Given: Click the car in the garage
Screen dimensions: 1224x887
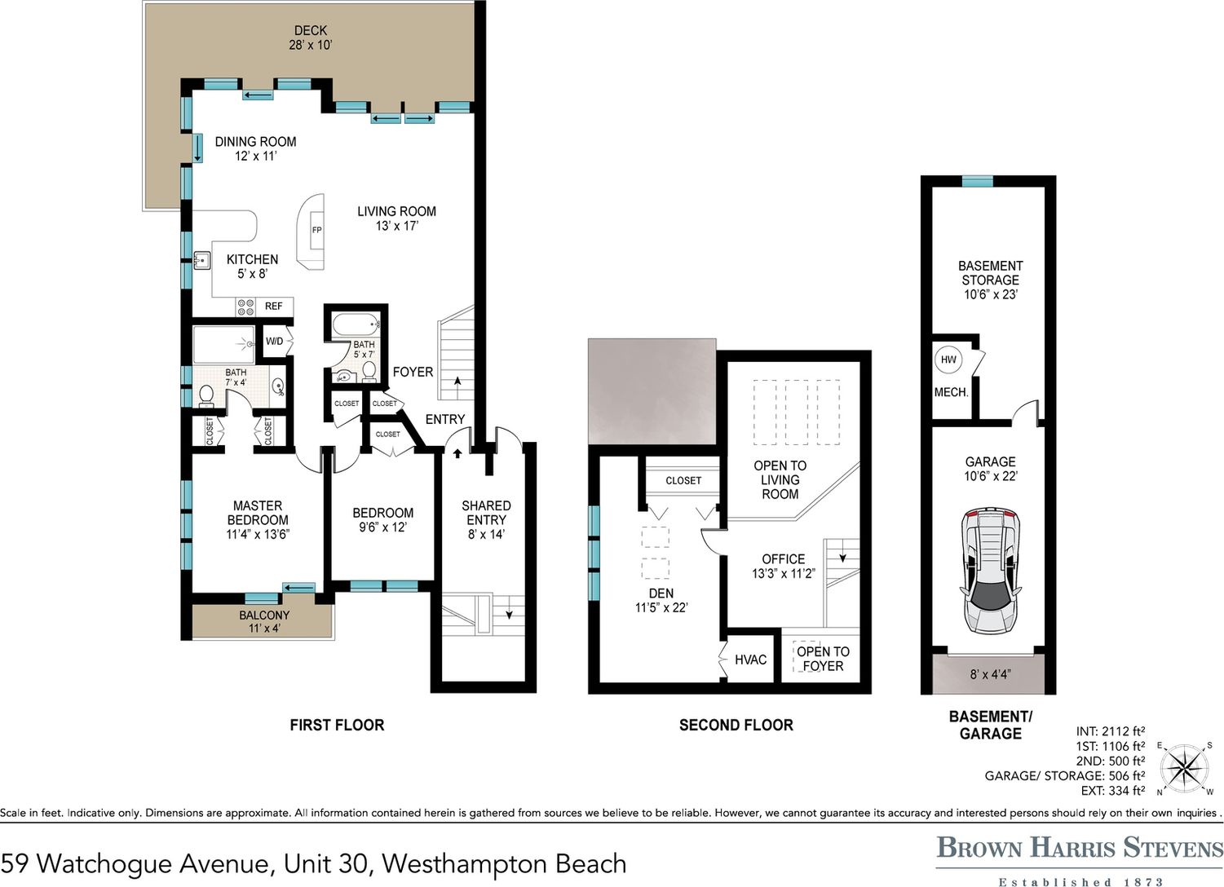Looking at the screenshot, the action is [990, 570].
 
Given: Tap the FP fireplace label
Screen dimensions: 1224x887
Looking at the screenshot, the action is [317, 230].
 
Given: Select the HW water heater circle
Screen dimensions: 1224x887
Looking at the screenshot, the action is [948, 360].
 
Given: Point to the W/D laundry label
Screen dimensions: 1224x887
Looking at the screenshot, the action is [274, 342].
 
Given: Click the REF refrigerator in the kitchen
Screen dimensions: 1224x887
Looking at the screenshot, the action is [274, 307].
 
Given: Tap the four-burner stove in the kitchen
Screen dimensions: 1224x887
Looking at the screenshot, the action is [245, 307].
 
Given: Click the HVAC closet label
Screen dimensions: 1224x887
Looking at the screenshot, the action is [750, 660].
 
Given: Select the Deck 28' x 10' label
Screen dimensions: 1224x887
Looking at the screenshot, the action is [311, 38].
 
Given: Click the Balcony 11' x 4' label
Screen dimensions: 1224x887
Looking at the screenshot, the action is [264, 621].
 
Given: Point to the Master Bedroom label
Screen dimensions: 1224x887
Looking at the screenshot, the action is [258, 520].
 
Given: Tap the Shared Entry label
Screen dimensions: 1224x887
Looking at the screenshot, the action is [486, 520].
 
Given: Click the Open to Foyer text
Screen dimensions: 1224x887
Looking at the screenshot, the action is [823, 659].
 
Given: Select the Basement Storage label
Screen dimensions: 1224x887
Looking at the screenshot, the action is [990, 280].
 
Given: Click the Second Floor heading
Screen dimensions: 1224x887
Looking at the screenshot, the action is [736, 726].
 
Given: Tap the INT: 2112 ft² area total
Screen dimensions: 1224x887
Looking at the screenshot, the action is [1111, 730].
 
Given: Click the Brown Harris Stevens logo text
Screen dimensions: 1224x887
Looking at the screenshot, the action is [1080, 848].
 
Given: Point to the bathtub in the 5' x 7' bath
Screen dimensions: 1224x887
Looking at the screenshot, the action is [356, 325].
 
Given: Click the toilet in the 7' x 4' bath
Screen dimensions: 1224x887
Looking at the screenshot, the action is [206, 396].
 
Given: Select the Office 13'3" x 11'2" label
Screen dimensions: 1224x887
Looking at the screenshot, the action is [784, 566].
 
